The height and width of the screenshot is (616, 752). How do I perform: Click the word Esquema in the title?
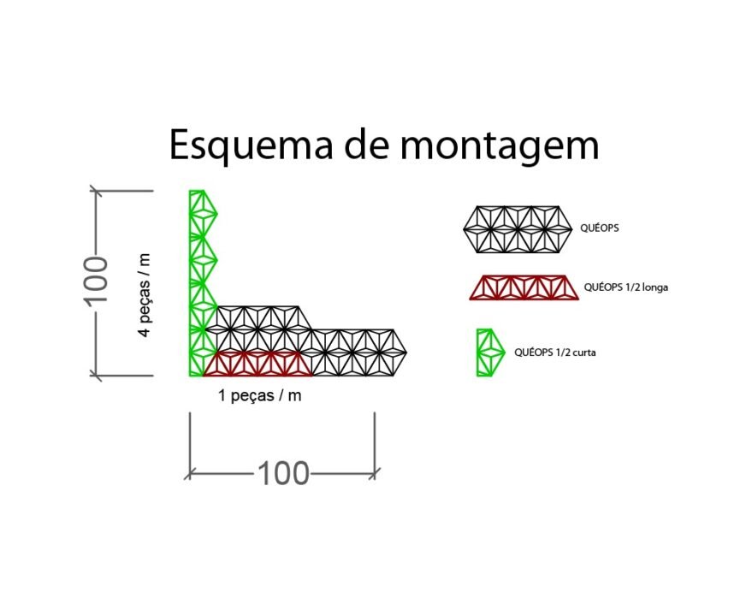tap(252, 145)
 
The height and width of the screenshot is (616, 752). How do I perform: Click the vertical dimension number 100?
tap(96, 281)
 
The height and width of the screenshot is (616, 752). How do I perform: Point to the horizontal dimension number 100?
tap(283, 474)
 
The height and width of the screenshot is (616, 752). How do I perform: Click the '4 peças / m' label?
tap(145, 295)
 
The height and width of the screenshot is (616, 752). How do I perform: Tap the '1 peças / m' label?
tap(260, 396)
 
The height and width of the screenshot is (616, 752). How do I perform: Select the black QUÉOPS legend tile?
tap(518, 229)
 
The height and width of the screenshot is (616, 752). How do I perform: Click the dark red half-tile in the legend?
tap(524, 287)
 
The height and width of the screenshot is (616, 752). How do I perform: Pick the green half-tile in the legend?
tap(489, 352)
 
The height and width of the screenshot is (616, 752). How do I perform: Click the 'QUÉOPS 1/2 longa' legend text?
tap(626, 287)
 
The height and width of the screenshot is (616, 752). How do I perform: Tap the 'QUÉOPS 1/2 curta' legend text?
tap(555, 352)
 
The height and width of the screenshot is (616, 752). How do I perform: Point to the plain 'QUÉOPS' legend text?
tap(600, 228)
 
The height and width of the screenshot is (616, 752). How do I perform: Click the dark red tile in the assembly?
tap(258, 364)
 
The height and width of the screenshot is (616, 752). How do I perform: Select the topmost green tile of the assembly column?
tap(203, 214)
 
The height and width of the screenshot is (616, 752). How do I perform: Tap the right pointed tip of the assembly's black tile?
tap(406, 352)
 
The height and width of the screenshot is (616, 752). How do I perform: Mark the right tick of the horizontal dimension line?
tap(375, 474)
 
